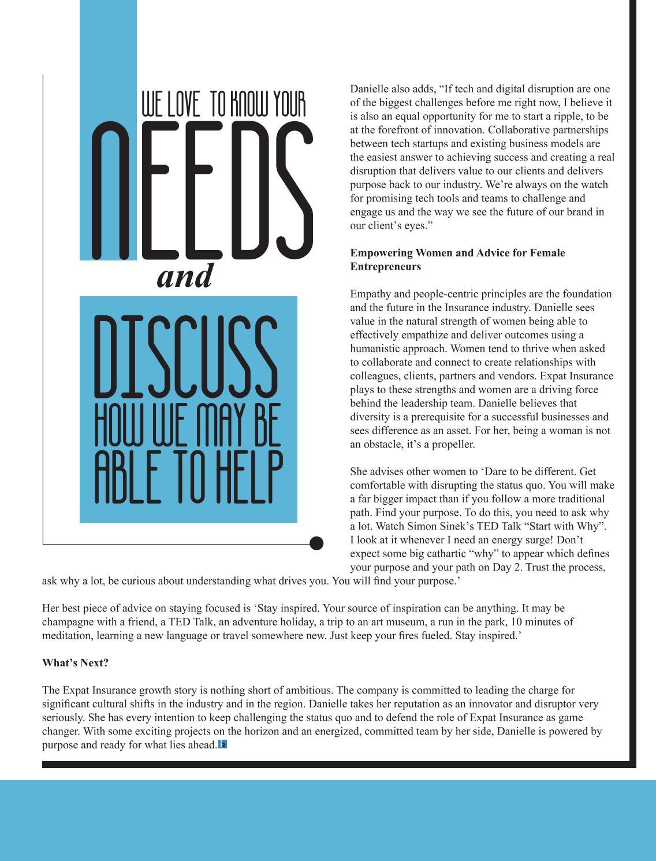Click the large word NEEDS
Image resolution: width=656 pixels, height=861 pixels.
click(202, 191)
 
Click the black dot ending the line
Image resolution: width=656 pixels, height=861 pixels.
click(316, 543)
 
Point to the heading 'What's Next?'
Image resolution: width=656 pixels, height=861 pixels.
click(75, 663)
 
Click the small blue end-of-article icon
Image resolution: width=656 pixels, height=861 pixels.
click(223, 744)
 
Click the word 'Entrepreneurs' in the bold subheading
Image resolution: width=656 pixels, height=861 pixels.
click(385, 267)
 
